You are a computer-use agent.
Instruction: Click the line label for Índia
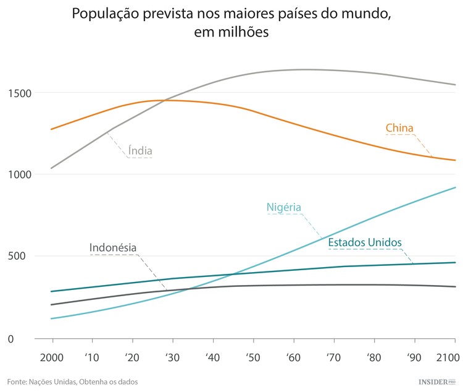(140, 150)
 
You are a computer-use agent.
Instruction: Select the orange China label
(399, 128)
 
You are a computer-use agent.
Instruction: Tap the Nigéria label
(284, 207)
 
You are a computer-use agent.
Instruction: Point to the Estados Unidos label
(365, 242)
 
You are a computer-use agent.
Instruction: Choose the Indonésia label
(113, 247)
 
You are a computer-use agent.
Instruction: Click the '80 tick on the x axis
(373, 358)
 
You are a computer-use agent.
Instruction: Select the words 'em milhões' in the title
(231, 32)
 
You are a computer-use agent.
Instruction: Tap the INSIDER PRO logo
(435, 382)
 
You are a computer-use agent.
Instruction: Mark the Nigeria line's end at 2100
(455, 187)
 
